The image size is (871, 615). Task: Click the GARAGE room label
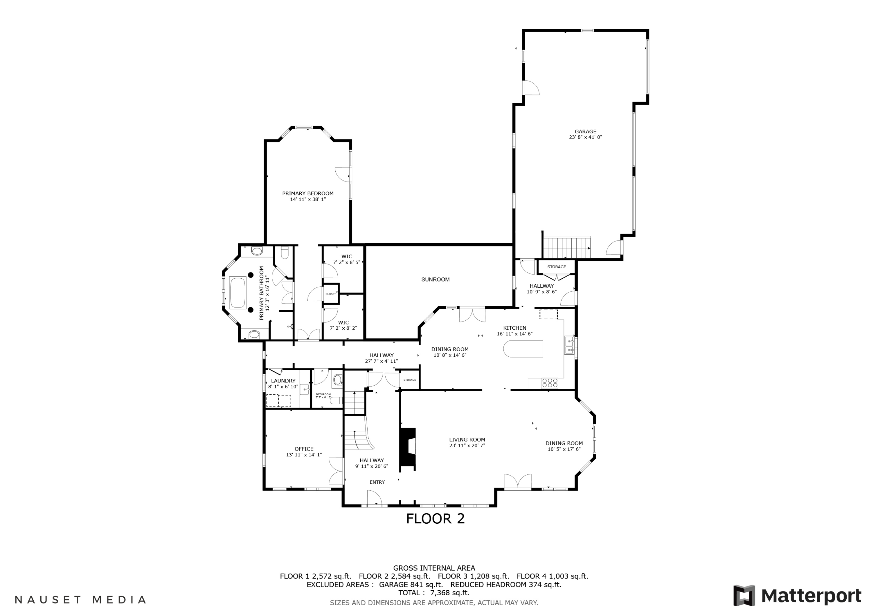pyautogui.click(x=585, y=131)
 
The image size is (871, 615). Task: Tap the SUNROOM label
pyautogui.click(x=435, y=279)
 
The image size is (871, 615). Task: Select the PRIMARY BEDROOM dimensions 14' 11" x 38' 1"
pyautogui.click(x=308, y=199)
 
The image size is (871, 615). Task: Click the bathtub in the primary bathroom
pyautogui.click(x=237, y=292)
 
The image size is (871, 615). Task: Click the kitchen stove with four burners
pyautogui.click(x=550, y=383)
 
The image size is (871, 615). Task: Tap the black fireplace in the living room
pyautogui.click(x=408, y=449)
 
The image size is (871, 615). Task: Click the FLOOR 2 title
pyautogui.click(x=435, y=519)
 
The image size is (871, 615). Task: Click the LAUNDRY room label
pyautogui.click(x=283, y=381)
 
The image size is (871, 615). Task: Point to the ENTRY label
pyautogui.click(x=377, y=482)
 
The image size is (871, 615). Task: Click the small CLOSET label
pyautogui.click(x=330, y=294)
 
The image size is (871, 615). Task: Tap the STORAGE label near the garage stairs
pyautogui.click(x=557, y=267)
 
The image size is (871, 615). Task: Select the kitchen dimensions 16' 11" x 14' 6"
pyautogui.click(x=514, y=334)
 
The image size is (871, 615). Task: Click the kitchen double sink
pyautogui.click(x=569, y=345)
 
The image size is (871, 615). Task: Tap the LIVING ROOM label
pyautogui.click(x=467, y=440)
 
